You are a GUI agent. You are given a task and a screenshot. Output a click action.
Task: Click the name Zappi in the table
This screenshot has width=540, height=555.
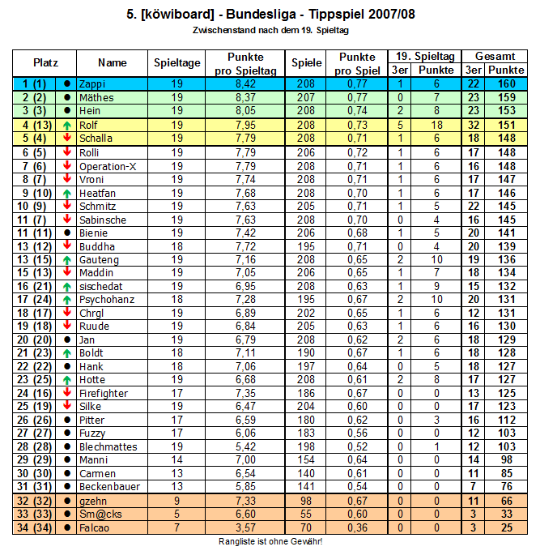(92, 84)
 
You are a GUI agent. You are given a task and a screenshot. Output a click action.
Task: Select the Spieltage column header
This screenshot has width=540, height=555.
(177, 62)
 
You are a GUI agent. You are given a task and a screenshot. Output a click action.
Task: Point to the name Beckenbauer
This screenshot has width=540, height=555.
(109, 487)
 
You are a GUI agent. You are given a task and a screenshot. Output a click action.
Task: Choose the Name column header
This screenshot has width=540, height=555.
(113, 62)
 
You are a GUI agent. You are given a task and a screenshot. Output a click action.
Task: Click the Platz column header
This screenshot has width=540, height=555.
(45, 62)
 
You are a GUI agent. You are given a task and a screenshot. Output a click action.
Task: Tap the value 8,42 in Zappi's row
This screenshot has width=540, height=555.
(245, 84)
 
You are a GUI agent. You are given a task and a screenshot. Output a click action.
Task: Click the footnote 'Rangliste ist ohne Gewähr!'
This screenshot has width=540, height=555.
(270, 541)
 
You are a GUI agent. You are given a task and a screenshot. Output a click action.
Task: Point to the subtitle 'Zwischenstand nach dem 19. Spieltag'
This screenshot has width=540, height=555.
(270, 30)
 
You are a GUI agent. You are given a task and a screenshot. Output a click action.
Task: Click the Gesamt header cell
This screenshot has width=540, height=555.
(495, 56)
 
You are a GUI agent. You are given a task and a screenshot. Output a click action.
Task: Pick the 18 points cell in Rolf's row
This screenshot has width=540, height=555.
(436, 125)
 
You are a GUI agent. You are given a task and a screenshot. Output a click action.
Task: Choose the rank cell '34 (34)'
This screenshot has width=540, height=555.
(34, 527)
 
